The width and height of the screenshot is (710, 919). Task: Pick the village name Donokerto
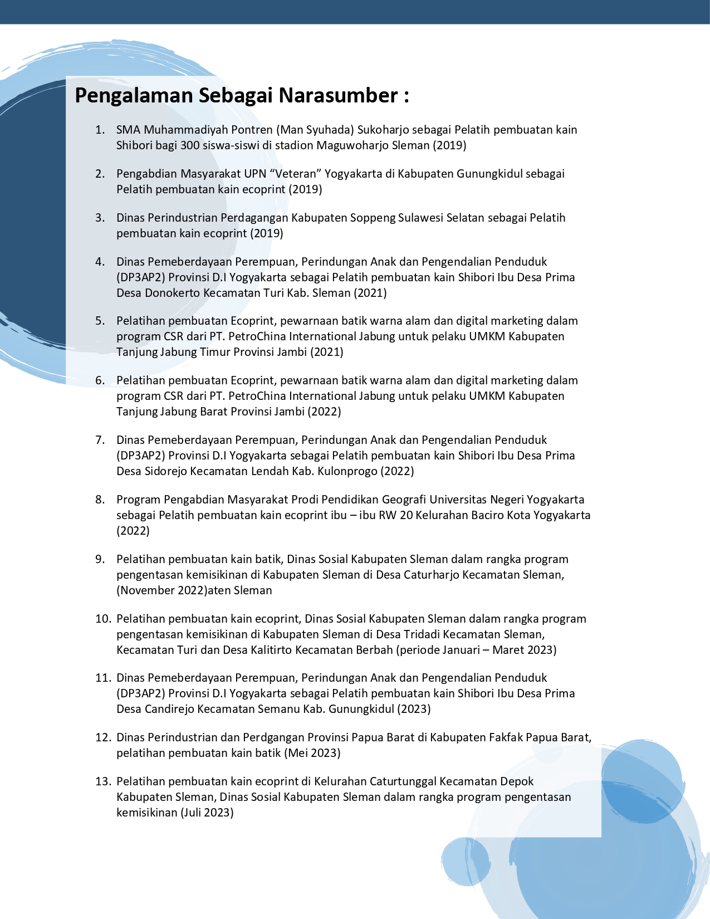pyautogui.click(x=173, y=293)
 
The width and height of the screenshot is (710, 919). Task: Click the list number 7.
pyautogui.click(x=100, y=440)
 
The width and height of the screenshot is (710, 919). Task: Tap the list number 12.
pyautogui.click(x=102, y=737)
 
